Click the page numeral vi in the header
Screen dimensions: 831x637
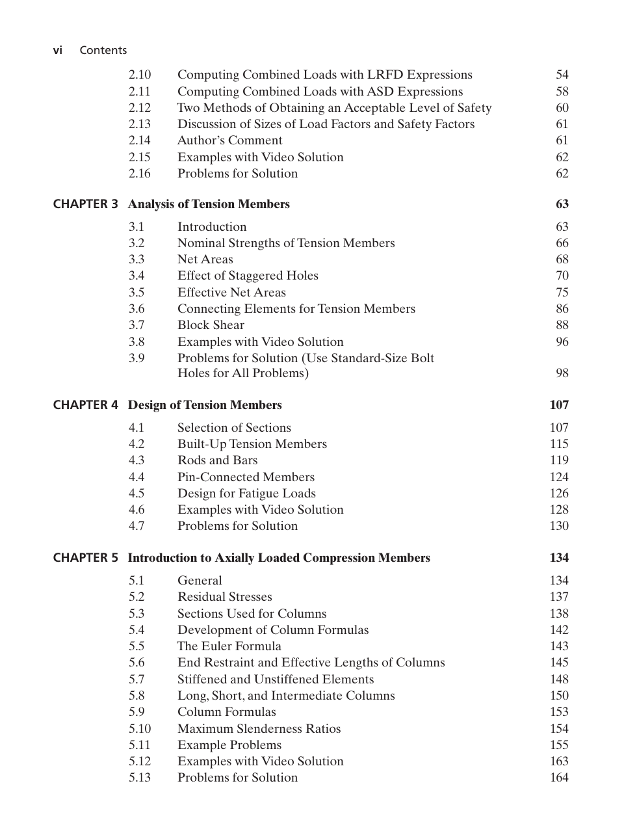pos(58,50)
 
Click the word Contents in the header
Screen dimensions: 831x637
pos(103,50)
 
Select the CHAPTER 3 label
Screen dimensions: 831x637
pos(86,204)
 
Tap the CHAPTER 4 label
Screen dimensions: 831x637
pos(86,405)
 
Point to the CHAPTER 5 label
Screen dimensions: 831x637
pos(86,558)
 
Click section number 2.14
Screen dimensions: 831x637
pos(139,140)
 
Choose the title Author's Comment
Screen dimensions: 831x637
pos(229,140)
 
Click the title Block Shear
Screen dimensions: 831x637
pos(211,325)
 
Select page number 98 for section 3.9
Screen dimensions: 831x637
pos(562,373)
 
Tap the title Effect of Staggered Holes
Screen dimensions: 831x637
pos(248,276)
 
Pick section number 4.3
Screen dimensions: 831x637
pos(136,460)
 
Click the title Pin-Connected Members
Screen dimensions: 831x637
pos(246,477)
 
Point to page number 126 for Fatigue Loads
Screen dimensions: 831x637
pos(558,494)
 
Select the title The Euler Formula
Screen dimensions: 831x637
pos(229,646)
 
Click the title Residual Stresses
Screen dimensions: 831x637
pos(224,597)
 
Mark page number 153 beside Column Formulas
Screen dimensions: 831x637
pos(558,712)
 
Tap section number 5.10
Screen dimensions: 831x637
pos(139,729)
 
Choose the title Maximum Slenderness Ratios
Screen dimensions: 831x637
pos(259,729)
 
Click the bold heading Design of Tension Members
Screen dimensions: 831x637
pos(205,405)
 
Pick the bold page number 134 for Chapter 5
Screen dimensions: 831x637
pos(558,558)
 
